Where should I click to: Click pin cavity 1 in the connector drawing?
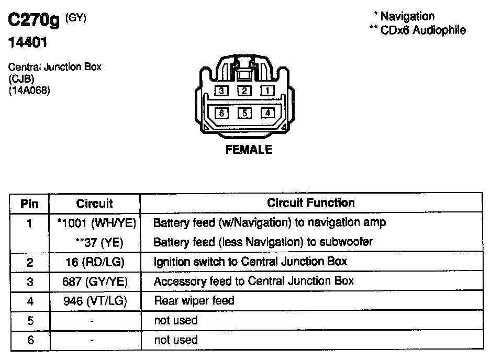(x=267, y=91)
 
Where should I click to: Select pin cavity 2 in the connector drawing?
(x=244, y=91)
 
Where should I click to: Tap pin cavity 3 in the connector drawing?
(x=222, y=91)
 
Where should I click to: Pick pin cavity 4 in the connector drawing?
(x=267, y=113)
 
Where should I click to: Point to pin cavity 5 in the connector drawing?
(x=244, y=113)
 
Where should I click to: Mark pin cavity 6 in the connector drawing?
(x=222, y=113)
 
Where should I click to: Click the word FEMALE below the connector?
(x=249, y=150)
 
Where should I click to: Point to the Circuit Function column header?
(x=310, y=203)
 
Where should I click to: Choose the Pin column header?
(x=29, y=204)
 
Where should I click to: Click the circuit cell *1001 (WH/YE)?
(x=96, y=223)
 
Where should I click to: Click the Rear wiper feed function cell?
(x=194, y=301)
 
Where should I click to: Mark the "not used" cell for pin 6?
(x=176, y=340)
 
